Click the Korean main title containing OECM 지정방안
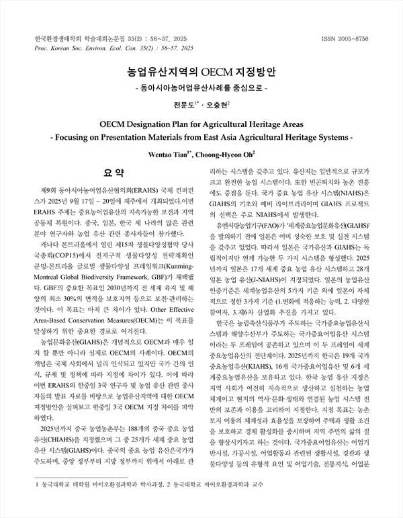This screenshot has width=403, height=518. [201, 71]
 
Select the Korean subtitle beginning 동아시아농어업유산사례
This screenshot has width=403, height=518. [201, 87]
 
